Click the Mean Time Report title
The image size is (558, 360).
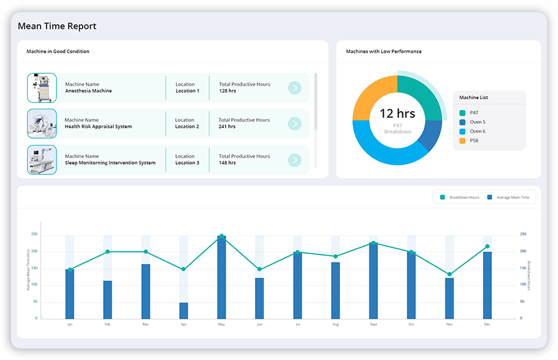57,26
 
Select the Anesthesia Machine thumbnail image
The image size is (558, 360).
42,88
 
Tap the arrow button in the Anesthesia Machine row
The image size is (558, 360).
294,88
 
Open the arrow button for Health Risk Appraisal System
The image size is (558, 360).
294,123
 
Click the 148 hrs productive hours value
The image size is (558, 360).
228,163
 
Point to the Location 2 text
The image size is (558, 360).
187,127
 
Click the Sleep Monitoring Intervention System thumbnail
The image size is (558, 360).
42,160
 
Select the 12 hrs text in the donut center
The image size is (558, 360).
397,114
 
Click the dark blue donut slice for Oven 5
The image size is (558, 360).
430,134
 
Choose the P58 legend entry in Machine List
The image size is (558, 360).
474,140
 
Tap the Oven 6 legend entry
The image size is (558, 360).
477,131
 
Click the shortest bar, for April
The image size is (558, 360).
184,310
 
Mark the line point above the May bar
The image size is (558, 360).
221,236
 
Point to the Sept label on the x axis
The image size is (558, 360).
373,324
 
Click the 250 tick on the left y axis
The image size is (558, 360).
34,235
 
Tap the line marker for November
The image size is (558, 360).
449,274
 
